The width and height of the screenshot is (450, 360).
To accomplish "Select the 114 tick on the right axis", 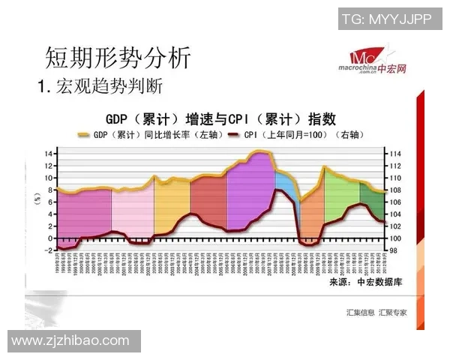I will tap(397, 154).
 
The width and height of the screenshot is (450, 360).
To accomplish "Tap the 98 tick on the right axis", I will tap(395, 250).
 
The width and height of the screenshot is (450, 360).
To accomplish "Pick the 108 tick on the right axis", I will tap(397, 190).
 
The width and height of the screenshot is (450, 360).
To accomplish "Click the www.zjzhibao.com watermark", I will tap(70, 340).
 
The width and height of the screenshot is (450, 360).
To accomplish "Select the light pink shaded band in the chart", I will tap(133, 208).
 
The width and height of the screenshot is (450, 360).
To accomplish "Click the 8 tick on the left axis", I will tap(49, 190).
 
